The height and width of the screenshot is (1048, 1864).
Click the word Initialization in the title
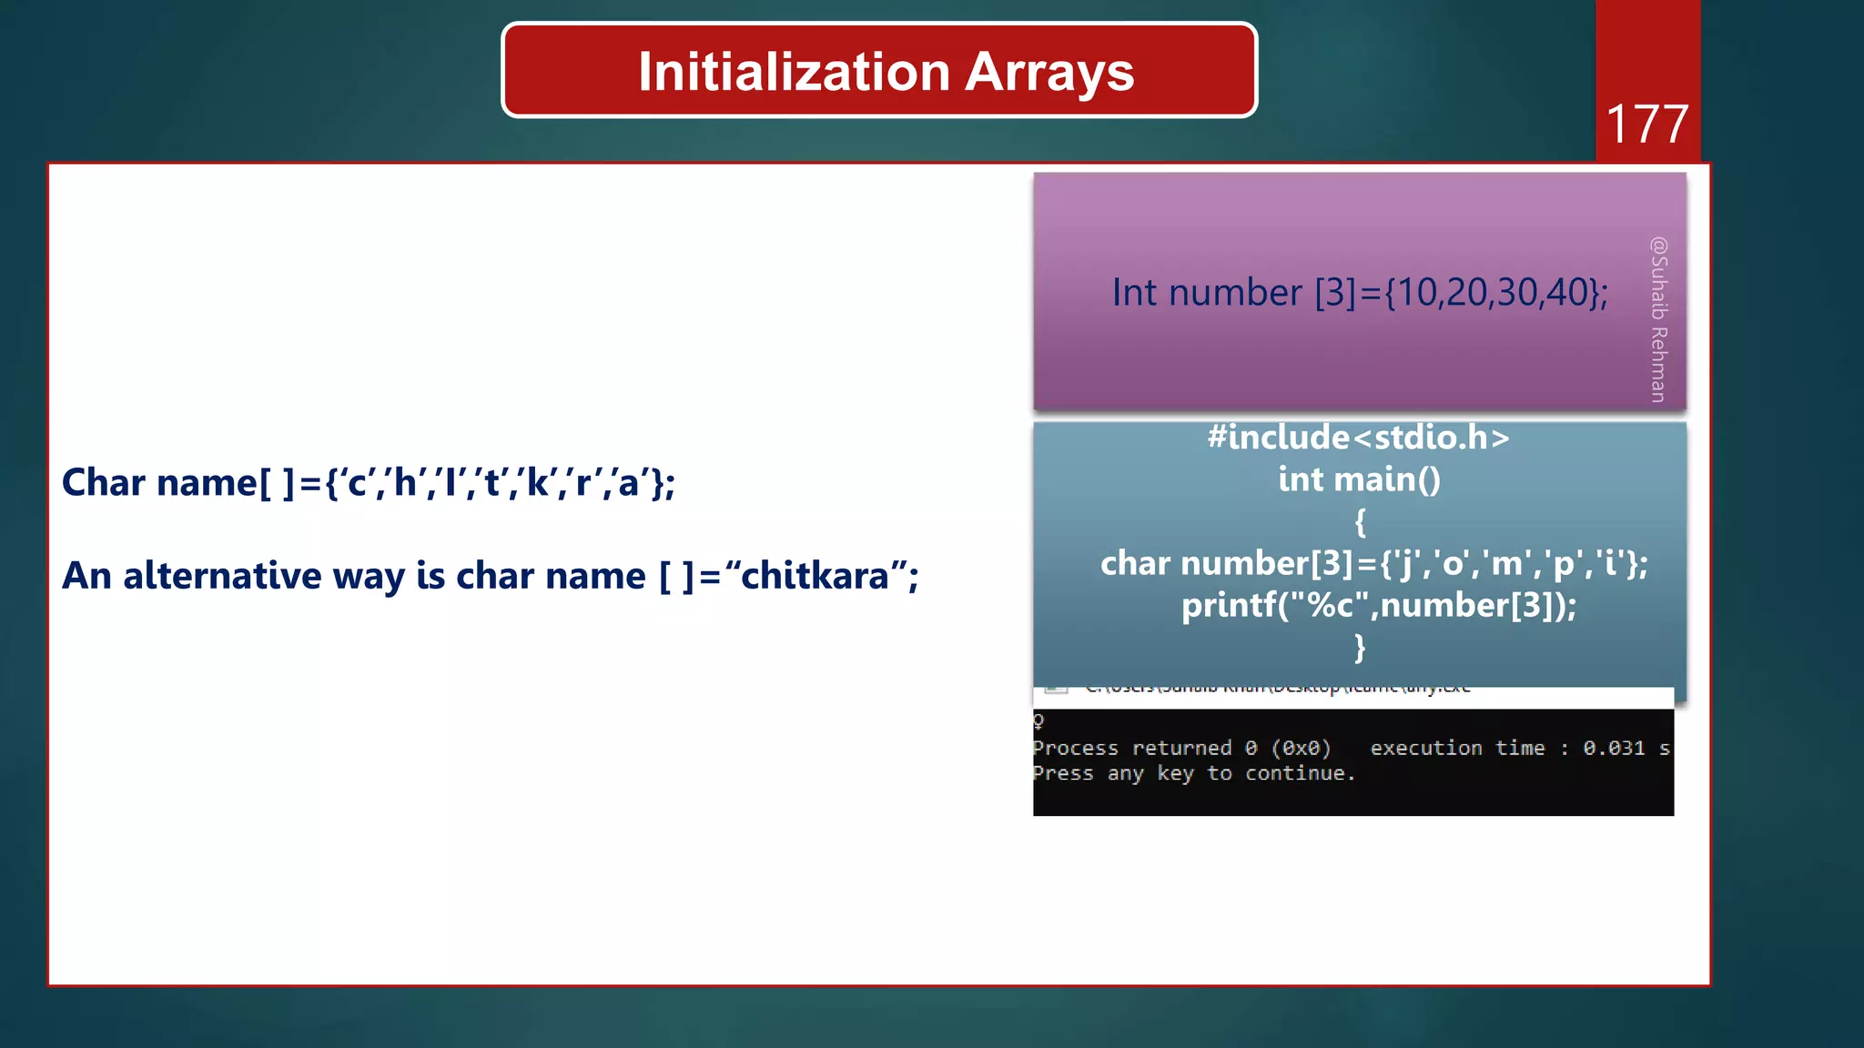tap(794, 73)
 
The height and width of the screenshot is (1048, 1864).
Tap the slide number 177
tap(1646, 125)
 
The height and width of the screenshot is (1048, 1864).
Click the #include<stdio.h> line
tap(1358, 438)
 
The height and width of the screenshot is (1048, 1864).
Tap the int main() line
tap(1359, 479)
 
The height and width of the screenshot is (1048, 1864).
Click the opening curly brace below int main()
tap(1360, 522)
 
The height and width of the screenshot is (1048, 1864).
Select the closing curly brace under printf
tap(1360, 647)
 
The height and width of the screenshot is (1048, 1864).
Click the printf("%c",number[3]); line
tap(1378, 605)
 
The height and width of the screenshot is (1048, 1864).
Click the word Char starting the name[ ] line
tap(103, 483)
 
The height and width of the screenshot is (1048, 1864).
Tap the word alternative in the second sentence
tap(222, 576)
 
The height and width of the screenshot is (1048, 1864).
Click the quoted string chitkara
tap(815, 576)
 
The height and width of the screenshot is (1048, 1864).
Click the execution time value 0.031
tap(1613, 748)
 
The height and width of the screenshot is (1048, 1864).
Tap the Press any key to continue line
tap(1193, 773)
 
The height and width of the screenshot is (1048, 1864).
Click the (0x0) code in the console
tap(1301, 748)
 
